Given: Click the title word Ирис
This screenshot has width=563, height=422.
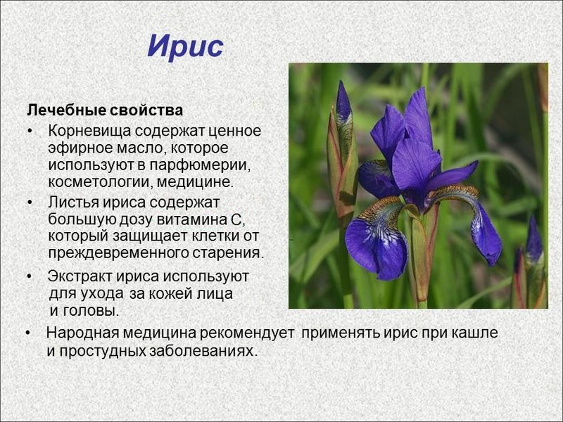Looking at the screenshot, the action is pos(185,46).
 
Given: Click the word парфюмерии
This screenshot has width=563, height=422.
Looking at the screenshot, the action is pos(199,165).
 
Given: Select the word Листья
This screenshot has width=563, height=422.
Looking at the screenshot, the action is pos(73,203).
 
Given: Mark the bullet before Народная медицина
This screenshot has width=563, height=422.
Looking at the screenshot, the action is pos(28,333).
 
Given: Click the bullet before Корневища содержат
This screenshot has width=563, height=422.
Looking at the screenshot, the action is pos(30,132).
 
